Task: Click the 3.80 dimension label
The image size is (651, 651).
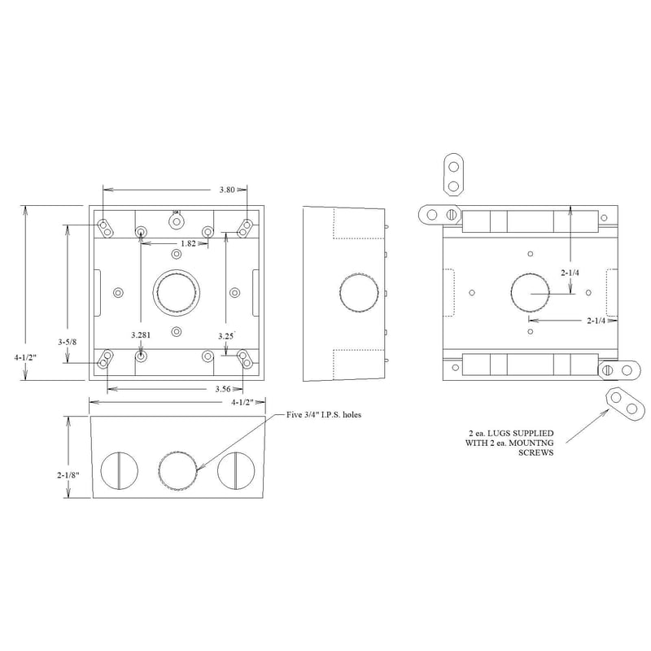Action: coord(227,190)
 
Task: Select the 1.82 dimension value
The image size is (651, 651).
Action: coord(187,244)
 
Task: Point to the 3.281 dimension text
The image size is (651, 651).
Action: coord(142,334)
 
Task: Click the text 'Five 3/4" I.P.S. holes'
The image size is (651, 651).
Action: coord(324,416)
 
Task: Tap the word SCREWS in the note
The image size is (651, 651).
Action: coord(537,453)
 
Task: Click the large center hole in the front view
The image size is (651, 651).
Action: coord(176,291)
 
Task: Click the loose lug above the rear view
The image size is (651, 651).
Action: coord(453,175)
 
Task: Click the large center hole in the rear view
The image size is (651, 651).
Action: coord(531,293)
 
